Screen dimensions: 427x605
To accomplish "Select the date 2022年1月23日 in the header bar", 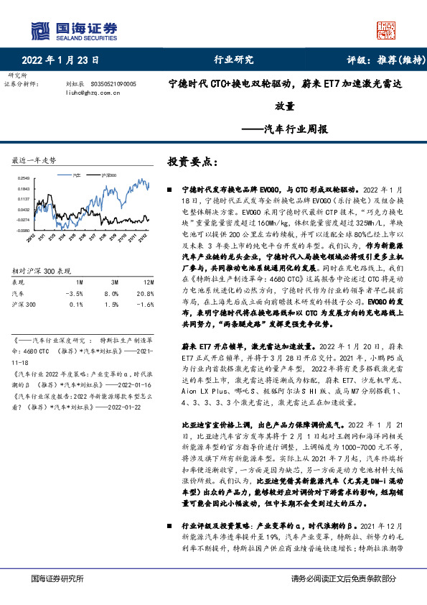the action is tap(60, 60).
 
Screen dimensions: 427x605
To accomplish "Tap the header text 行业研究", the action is tap(234, 60).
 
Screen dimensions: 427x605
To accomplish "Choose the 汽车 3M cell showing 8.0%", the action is tap(111, 294).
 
